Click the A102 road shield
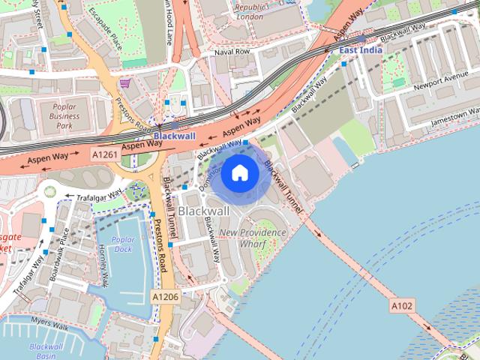tap(401, 306)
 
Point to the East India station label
tap(361, 49)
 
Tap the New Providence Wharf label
tap(253, 238)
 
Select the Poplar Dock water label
tap(121, 244)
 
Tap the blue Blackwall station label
tap(175, 136)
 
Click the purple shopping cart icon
tap(124, 84)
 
